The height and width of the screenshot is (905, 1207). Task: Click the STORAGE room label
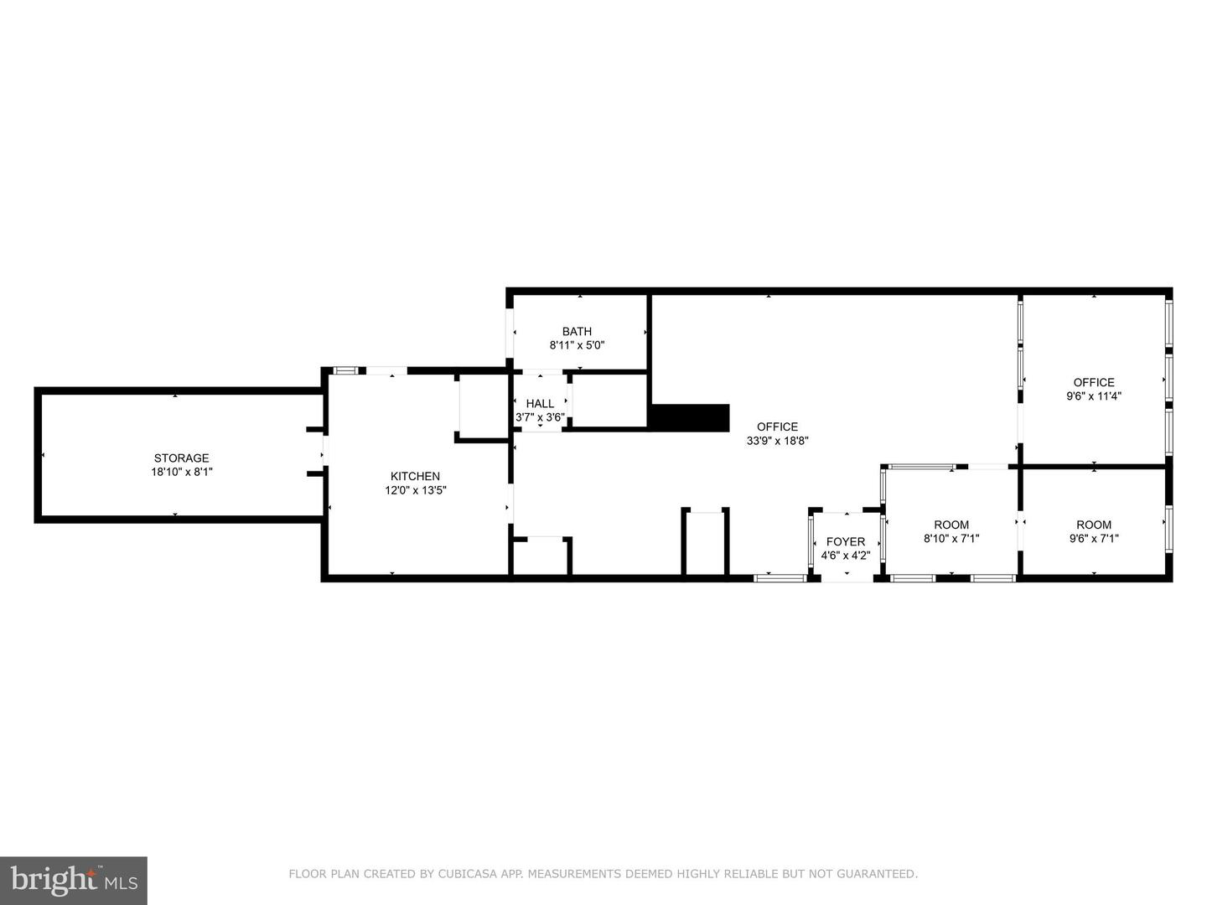click(181, 458)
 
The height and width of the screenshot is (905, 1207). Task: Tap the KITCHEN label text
click(415, 477)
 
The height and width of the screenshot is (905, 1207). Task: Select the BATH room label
click(577, 331)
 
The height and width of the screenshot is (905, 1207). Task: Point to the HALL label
click(540, 404)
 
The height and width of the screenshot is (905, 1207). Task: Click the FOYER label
click(846, 542)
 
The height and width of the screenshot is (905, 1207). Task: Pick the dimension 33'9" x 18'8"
click(778, 441)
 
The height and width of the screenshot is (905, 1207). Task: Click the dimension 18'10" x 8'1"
click(182, 472)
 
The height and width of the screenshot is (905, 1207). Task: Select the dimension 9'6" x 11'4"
click(1094, 396)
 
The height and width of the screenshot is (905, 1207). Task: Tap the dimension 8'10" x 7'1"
click(951, 539)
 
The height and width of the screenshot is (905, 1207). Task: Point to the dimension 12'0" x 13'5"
click(416, 490)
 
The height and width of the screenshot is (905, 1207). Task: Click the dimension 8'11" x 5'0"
click(577, 345)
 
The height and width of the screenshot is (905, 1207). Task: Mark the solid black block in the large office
click(689, 417)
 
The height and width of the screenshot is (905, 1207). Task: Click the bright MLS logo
click(74, 880)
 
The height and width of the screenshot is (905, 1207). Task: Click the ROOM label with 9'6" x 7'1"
click(1094, 525)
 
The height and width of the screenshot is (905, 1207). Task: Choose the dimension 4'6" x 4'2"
click(846, 556)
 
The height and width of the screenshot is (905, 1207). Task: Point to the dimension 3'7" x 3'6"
click(540, 417)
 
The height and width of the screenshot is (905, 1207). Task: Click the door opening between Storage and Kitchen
click(325, 451)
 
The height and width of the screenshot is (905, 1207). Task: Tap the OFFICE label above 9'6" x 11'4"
click(1094, 382)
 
